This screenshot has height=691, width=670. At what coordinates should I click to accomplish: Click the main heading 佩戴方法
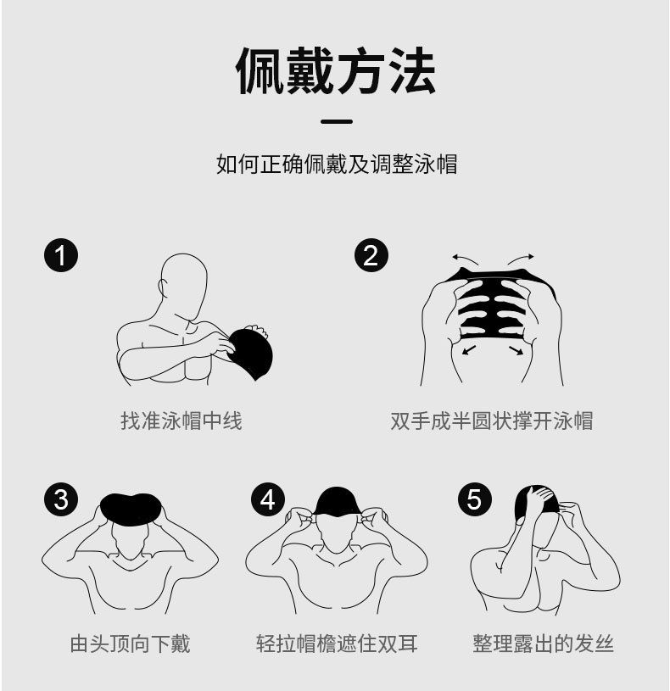tap(336, 71)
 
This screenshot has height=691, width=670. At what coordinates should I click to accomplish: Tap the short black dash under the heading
tap(337, 121)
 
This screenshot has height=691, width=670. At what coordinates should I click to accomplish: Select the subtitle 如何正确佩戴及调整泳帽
tap(337, 164)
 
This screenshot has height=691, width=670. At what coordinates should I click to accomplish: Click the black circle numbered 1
tap(61, 255)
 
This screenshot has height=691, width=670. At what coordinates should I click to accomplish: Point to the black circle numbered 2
tap(371, 255)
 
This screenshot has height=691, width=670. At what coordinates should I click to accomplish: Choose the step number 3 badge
tap(61, 499)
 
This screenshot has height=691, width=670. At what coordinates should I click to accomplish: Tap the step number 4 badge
tap(268, 499)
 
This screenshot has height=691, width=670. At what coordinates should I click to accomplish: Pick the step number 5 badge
tap(475, 499)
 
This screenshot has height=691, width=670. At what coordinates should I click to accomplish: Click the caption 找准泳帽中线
tap(181, 421)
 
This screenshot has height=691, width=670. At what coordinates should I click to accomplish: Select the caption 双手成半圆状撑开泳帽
tap(492, 421)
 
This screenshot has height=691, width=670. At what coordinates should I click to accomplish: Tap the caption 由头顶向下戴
tap(130, 644)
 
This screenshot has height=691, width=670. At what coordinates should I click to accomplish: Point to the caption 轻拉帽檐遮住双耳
tap(337, 644)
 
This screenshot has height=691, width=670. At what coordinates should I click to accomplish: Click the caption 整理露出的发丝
tap(543, 644)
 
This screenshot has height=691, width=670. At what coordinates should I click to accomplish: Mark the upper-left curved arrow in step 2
tap(465, 259)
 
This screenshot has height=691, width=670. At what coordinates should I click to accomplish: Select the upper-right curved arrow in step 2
tap(521, 259)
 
